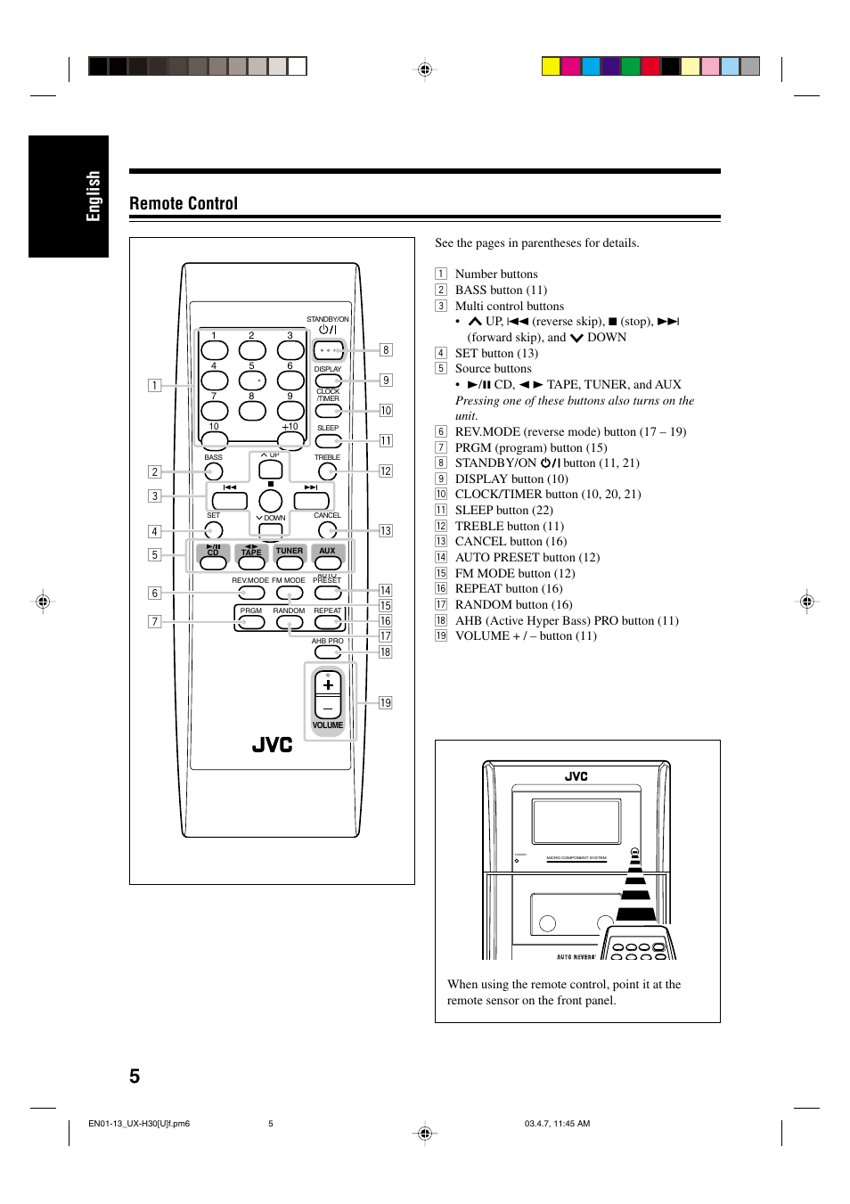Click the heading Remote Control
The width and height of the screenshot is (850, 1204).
click(184, 203)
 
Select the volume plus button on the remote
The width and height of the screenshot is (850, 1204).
click(328, 684)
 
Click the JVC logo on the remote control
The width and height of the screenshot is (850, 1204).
click(272, 745)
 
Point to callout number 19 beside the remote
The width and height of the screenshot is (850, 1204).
click(386, 702)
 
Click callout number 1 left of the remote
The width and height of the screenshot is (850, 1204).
click(155, 385)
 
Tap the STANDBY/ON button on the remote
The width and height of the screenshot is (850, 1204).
click(329, 349)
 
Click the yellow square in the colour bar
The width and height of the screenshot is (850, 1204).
click(551, 66)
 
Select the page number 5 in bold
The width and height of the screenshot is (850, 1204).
click(135, 1076)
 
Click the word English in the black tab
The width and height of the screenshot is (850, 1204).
click(93, 196)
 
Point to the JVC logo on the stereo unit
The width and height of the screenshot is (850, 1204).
click(576, 776)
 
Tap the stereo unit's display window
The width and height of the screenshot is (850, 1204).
click(576, 820)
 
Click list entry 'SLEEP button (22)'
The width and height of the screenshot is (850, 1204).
click(503, 510)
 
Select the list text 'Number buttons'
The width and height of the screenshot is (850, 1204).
click(496, 274)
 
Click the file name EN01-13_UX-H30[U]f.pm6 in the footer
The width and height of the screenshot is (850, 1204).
click(139, 1124)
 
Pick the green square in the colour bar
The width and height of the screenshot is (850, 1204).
click(631, 66)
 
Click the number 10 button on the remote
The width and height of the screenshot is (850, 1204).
click(214, 439)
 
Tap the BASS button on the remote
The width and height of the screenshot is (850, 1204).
click(214, 471)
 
